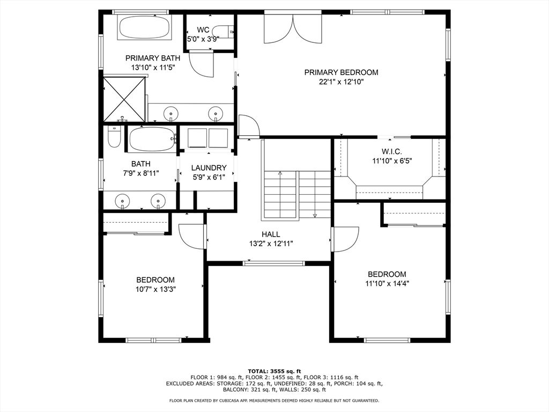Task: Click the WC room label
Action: click(x=203, y=30)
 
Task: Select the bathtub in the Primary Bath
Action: click(x=144, y=27)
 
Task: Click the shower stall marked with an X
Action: click(x=124, y=99)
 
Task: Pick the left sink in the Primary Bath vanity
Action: click(x=171, y=113)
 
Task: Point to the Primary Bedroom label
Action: click(x=341, y=72)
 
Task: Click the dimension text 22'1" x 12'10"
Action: click(x=341, y=82)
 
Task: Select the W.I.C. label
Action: click(x=391, y=151)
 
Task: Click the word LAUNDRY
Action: click(x=209, y=168)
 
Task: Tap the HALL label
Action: click(x=271, y=234)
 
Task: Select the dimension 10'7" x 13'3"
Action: click(x=155, y=289)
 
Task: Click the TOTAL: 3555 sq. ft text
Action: click(x=274, y=371)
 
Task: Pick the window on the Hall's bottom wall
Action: click(x=274, y=263)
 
